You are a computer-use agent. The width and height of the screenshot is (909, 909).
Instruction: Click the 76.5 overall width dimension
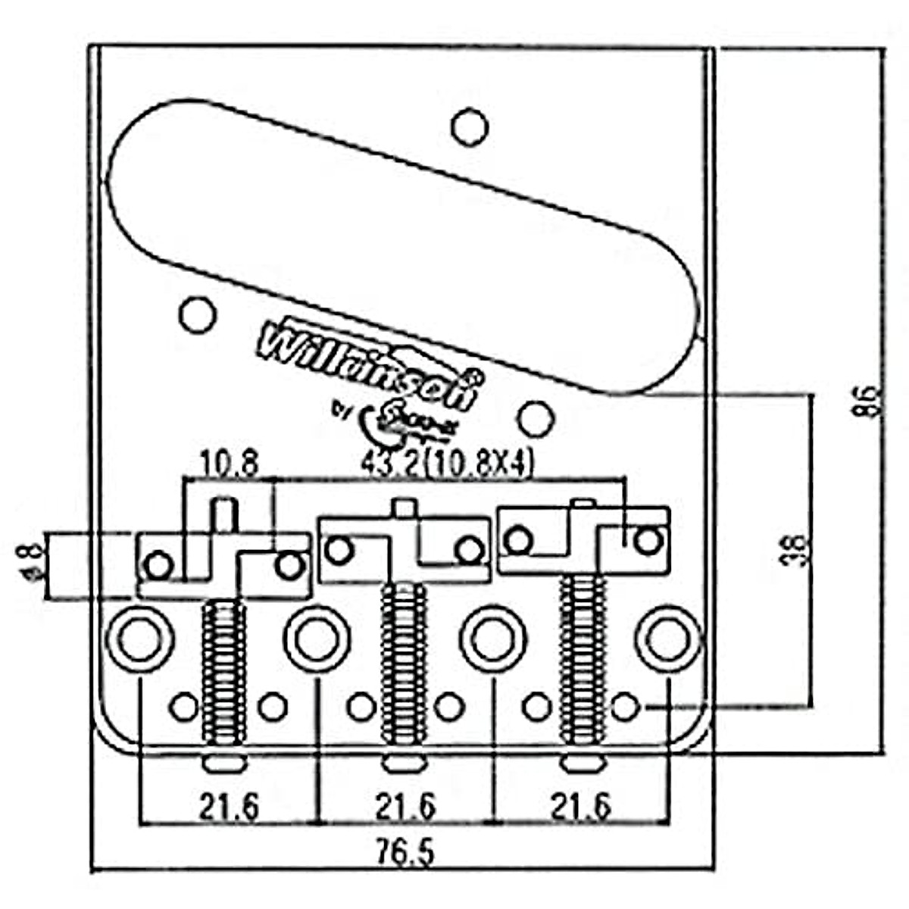pos(405,853)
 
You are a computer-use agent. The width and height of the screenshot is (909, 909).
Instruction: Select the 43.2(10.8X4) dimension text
pos(447,463)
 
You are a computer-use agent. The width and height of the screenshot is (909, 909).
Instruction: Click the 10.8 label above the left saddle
pos(230,462)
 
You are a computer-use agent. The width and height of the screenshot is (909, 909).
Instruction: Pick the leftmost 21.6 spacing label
pos(229,807)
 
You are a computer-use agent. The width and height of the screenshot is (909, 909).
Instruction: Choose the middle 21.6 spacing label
pos(405,807)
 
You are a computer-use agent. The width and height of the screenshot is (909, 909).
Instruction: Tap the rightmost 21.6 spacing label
pos(581,807)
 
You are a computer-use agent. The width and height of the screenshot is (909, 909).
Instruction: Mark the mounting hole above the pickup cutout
pos(470,127)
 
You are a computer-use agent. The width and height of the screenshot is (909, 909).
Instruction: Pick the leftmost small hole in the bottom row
pos(183,707)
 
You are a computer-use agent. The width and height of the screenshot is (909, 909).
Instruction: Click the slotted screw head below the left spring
pos(225,763)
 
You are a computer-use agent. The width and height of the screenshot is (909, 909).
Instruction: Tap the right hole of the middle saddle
pos(470,549)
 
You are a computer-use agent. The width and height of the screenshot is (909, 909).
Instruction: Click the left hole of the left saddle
pos(159,564)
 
